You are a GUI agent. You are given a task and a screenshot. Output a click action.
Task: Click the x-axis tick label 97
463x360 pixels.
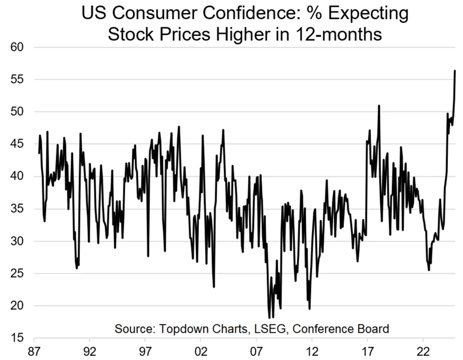[146, 351]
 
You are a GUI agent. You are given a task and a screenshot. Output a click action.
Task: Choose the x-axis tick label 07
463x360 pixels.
[256, 351]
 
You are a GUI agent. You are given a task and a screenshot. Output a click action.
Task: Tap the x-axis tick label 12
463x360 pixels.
[312, 351]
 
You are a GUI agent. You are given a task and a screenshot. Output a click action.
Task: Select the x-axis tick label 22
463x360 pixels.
[423, 351]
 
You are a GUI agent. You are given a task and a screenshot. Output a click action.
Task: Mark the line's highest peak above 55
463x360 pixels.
[455, 71]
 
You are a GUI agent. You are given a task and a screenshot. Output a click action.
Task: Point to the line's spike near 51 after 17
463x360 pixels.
[379, 106]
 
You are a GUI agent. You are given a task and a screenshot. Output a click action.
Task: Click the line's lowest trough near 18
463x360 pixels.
[269, 317]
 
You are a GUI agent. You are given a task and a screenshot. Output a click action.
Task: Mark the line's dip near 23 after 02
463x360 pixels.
[214, 286]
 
